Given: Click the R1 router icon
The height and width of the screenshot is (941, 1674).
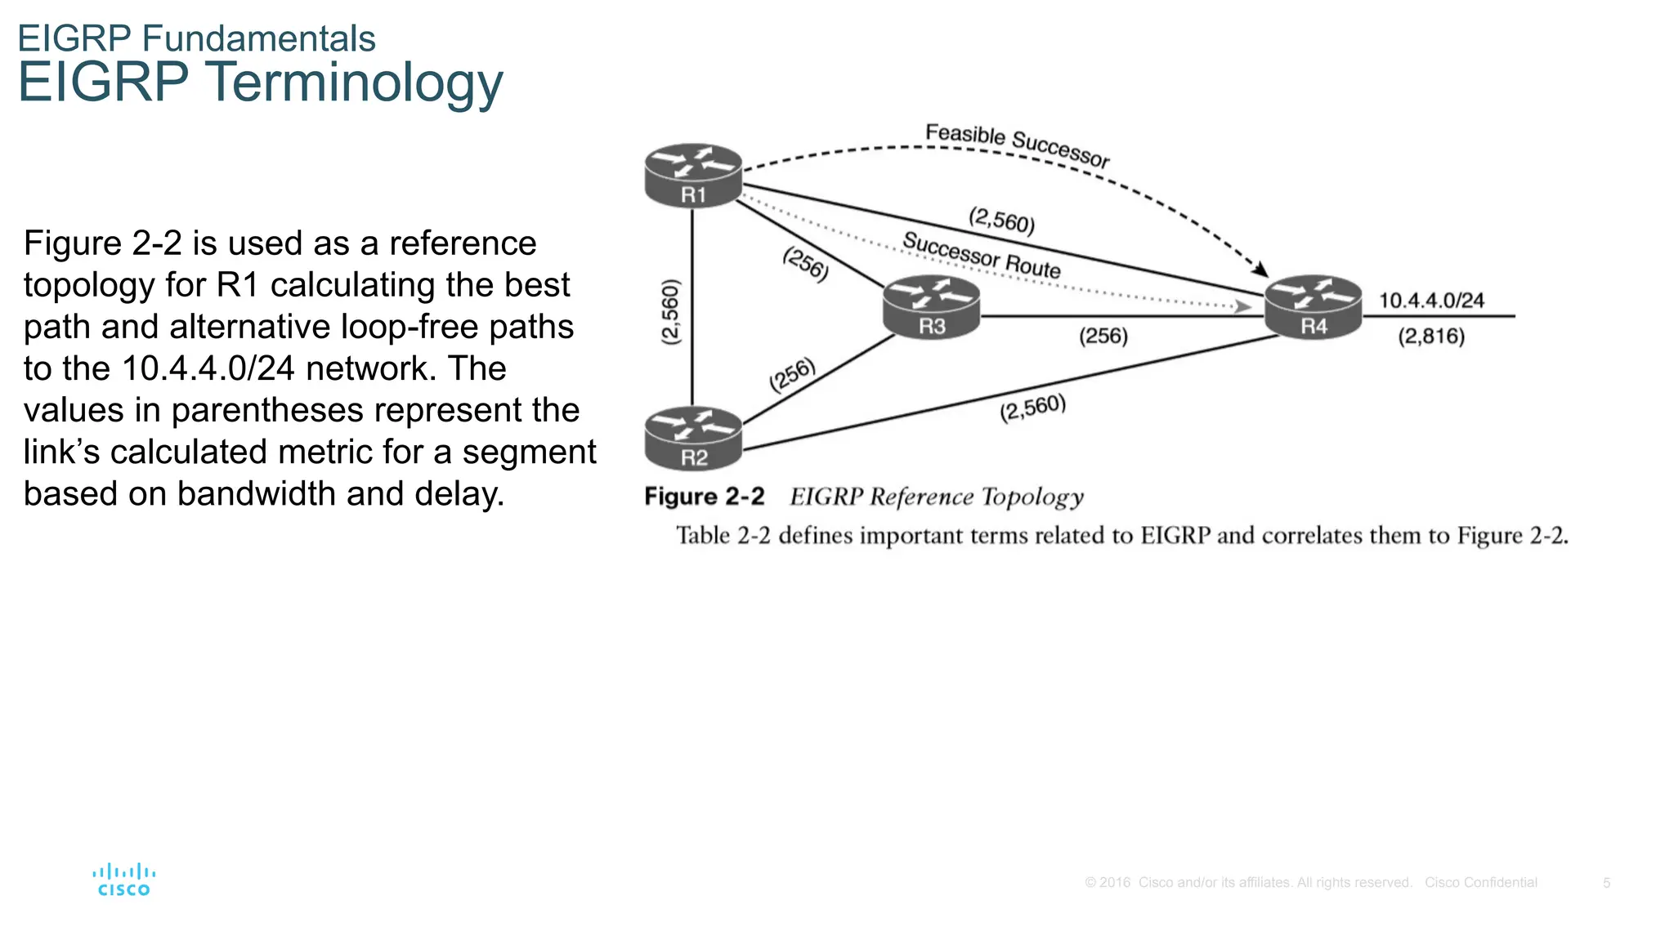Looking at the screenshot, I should pos(693,176).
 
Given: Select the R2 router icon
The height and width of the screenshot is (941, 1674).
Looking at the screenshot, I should pos(693,439).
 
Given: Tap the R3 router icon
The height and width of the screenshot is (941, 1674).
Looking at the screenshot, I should pos(931,307).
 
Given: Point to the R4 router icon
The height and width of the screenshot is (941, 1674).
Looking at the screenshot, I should pos(1313,306).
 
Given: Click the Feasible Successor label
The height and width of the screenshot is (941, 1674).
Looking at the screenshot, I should pos(1017,144).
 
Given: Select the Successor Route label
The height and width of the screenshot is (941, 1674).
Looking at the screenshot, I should pos(981,255).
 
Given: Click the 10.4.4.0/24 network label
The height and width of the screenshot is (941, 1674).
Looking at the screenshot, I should pos(1431,301).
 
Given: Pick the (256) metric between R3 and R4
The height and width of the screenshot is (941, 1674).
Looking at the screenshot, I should pos(1103,336).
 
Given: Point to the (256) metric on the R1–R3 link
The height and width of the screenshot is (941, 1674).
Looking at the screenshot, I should pos(806,264).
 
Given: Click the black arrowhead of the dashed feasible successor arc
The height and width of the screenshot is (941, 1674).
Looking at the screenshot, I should pos(1261,269).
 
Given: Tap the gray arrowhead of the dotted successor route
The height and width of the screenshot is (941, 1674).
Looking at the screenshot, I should pos(1243,306).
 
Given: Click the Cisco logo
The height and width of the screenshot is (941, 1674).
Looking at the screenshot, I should pos(124,880).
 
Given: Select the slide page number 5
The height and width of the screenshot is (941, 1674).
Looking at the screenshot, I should pos(1606,883).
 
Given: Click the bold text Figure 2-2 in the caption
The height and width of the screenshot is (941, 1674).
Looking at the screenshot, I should pos(704,497).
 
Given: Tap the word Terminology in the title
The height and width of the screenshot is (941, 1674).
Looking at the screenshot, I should pos(353,83).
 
